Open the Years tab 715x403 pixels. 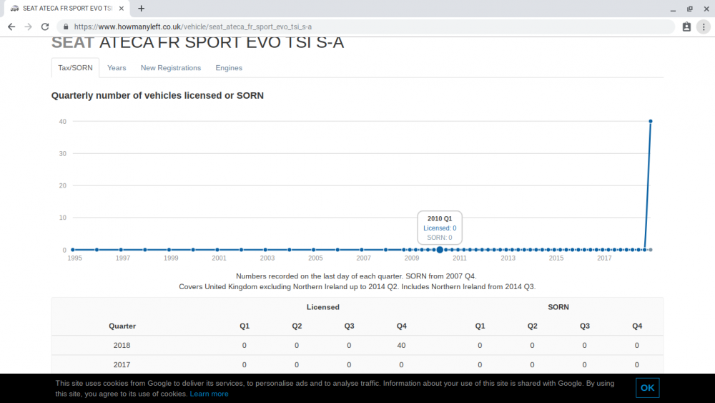pyautogui.click(x=117, y=68)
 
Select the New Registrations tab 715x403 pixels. pyautogui.click(x=171, y=68)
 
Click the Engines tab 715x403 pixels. pyautogui.click(x=229, y=68)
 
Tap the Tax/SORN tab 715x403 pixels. pyautogui.click(x=75, y=68)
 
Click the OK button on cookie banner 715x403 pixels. pyautogui.click(x=648, y=388)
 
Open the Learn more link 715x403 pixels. pyautogui.click(x=209, y=394)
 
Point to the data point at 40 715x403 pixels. pyautogui.click(x=650, y=122)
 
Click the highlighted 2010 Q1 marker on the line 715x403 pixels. pyautogui.click(x=440, y=250)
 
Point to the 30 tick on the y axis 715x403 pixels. pyautogui.click(x=62, y=154)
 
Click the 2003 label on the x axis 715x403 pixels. pyautogui.click(x=267, y=258)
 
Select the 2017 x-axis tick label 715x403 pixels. pyautogui.click(x=604, y=258)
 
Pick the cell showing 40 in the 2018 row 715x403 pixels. pyautogui.click(x=401, y=346)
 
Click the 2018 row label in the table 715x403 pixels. pyautogui.click(x=122, y=346)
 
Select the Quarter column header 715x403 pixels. pyautogui.click(x=122, y=326)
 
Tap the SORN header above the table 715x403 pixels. pyautogui.click(x=558, y=307)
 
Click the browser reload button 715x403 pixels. pyautogui.click(x=44, y=27)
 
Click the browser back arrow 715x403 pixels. pyautogui.click(x=11, y=27)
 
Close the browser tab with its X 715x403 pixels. pyautogui.click(x=122, y=8)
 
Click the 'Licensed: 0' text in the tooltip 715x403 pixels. pyautogui.click(x=440, y=228)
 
